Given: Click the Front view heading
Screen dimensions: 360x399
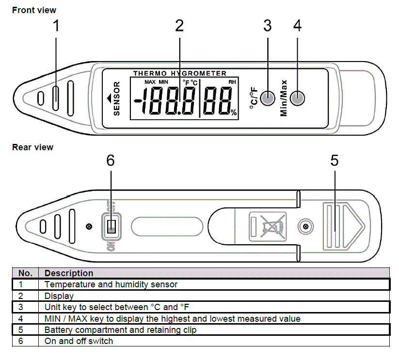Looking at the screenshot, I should point(34,10).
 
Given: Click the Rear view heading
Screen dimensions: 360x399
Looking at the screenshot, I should point(32,147).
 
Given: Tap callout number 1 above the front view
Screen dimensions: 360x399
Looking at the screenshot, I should point(56,26).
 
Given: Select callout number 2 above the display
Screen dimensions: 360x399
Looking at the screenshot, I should point(179,26).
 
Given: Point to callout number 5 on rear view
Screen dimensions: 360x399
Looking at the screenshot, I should point(335,161).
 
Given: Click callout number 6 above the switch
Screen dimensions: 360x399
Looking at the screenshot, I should point(111,161).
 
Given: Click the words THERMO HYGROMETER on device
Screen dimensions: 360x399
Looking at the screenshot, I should point(180,74).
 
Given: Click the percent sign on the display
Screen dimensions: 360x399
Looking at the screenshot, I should point(234,112).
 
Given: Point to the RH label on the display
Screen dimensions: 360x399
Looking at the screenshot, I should point(232,82).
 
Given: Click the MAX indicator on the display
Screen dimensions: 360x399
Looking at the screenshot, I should point(150,82).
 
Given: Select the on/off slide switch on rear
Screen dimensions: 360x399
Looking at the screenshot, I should point(111,226).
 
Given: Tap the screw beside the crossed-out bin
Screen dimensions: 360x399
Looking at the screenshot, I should point(305,226).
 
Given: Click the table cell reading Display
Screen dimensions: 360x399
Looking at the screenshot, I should point(59,296).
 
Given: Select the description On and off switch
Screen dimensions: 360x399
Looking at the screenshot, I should point(79,341).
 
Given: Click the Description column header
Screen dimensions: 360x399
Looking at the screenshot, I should point(69,273).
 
